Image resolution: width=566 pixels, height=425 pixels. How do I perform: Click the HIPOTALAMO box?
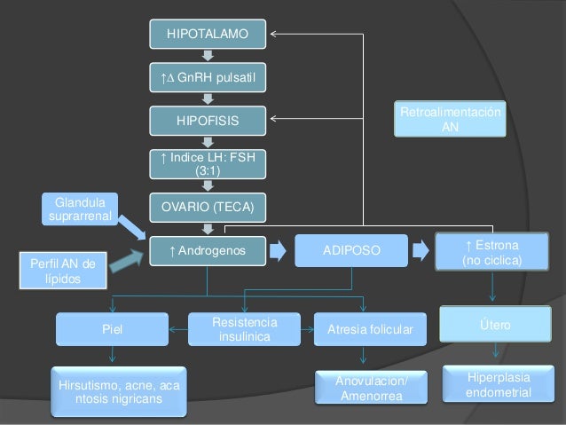(208, 35)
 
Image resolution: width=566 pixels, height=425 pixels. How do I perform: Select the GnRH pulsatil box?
(208, 77)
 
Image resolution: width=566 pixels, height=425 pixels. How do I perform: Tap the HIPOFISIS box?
(208, 119)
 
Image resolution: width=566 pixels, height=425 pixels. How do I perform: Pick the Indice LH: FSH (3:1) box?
(208, 163)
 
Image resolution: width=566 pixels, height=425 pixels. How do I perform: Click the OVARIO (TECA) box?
(208, 207)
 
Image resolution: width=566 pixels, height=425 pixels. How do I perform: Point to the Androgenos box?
(208, 251)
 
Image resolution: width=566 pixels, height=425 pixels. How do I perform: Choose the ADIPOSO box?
(350, 251)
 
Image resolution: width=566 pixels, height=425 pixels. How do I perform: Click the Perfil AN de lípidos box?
(62, 270)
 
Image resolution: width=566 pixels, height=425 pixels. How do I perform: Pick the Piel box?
(112, 329)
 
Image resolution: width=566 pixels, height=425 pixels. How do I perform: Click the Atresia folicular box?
(370, 329)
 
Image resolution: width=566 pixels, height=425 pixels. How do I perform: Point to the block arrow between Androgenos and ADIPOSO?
(278, 251)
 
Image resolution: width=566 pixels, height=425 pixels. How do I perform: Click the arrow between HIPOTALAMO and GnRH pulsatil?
(208, 56)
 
